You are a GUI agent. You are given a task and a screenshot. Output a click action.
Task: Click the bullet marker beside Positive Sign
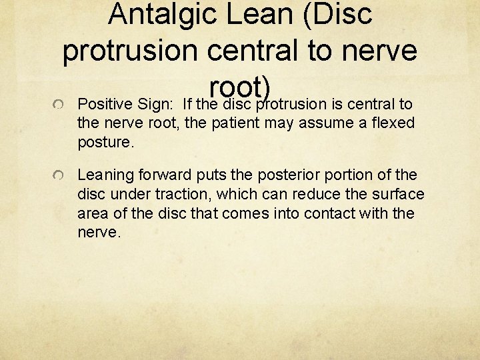coord(59,105)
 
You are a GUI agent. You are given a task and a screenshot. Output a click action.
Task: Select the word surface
coord(400,195)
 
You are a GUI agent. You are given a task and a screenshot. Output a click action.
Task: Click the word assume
coord(327,123)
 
